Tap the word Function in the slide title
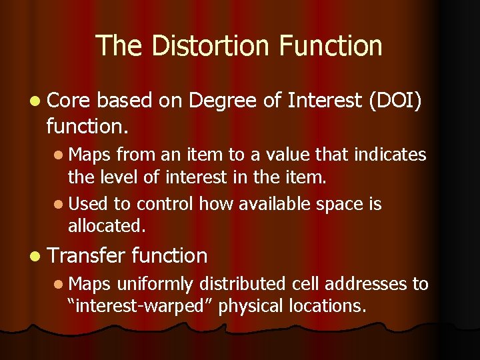[x=331, y=46]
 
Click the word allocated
[x=106, y=225]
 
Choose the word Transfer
[x=86, y=255]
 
